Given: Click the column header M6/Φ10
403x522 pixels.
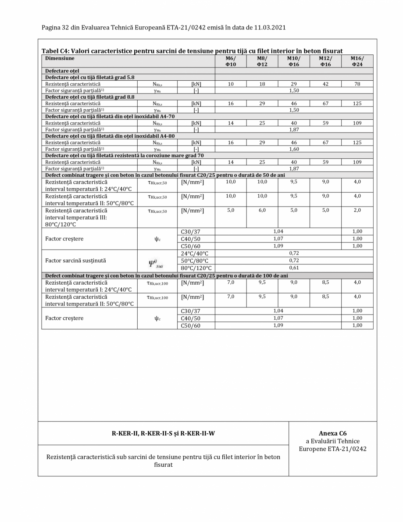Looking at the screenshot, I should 230,61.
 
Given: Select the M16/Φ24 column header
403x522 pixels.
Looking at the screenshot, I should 357,61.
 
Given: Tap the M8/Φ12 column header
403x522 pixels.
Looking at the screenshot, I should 262,61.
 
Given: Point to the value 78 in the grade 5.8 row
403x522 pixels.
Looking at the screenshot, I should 357,83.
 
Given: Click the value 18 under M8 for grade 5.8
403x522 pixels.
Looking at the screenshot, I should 262,83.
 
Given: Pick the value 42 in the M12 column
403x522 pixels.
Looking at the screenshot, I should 325,83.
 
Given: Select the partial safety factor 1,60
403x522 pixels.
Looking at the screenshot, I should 294,149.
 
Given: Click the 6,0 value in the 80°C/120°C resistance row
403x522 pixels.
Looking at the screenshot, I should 262,210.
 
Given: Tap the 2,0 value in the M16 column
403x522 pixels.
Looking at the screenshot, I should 357,210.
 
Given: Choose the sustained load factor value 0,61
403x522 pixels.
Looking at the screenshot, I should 294,268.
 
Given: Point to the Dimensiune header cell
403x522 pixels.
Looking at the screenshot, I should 58,58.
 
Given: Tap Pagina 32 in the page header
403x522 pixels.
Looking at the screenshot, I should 58,27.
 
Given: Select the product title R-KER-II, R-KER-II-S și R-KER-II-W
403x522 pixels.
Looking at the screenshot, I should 163,434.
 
